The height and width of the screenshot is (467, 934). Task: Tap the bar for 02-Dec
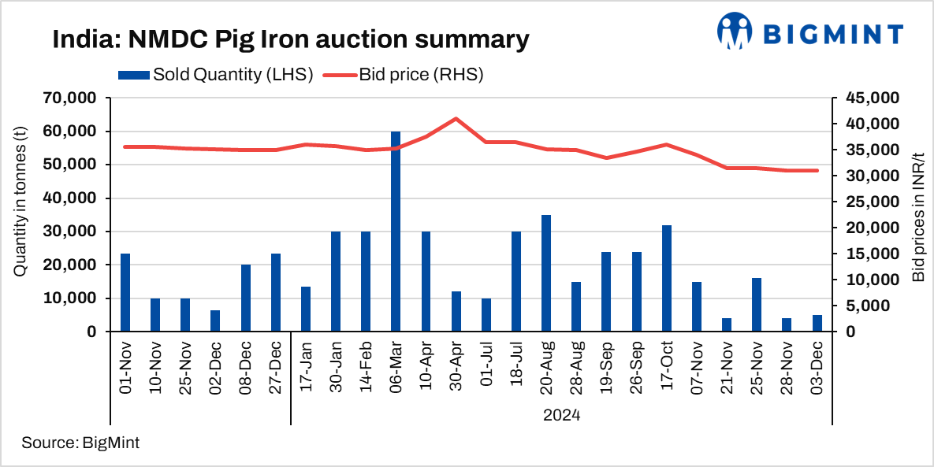pos(215,321)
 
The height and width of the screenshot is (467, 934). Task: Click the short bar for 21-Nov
pos(727,324)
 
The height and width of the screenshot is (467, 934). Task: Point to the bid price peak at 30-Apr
pos(456,119)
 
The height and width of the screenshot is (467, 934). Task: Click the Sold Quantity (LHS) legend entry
pos(216,75)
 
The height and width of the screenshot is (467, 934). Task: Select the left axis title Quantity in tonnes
pos(20,214)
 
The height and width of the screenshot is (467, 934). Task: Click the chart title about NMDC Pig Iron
pos(290,39)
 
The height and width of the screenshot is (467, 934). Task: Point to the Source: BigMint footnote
pos(80,443)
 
